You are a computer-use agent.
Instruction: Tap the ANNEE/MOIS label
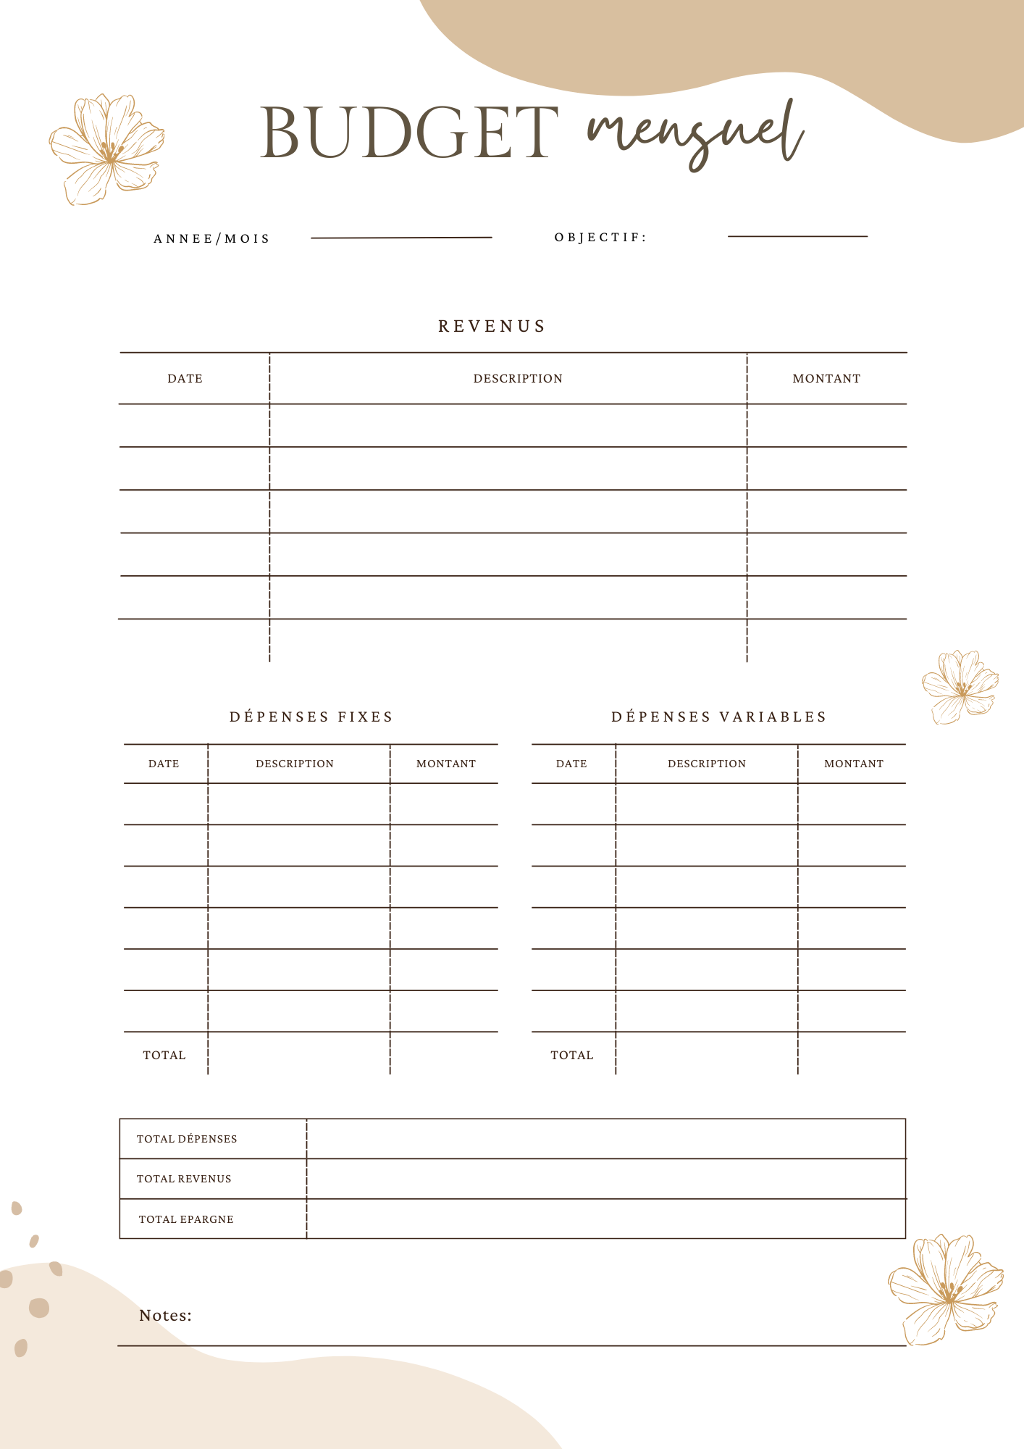click(211, 238)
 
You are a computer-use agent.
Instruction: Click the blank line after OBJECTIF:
click(797, 235)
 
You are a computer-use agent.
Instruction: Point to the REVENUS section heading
click(492, 326)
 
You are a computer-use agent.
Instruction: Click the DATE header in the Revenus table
click(185, 378)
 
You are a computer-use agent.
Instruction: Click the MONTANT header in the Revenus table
click(826, 378)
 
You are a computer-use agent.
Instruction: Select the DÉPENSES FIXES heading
click(311, 717)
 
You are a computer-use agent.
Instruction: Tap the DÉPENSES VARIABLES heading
click(718, 717)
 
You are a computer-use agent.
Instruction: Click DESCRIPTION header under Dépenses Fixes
click(295, 764)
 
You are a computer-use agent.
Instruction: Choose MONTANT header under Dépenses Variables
click(854, 764)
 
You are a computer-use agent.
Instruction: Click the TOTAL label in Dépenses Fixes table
click(164, 1055)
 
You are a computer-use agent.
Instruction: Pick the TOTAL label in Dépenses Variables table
click(572, 1055)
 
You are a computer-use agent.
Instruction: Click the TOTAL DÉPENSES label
click(187, 1139)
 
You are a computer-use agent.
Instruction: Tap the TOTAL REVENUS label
click(184, 1179)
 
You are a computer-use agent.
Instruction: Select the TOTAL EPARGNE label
click(186, 1219)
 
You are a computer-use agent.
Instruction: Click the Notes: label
click(165, 1315)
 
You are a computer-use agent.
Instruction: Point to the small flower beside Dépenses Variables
click(960, 686)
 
